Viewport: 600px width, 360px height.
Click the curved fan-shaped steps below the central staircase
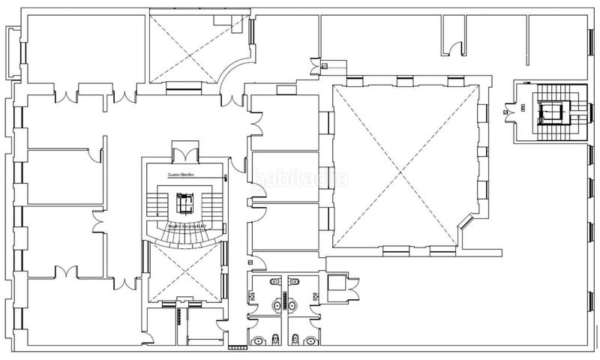click(184, 235)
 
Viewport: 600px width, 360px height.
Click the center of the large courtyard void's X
click(406, 164)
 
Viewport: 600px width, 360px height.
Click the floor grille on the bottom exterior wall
click(237, 347)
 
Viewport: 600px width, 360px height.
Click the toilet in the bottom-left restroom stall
click(259, 340)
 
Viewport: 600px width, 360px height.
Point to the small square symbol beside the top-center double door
click(323, 66)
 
